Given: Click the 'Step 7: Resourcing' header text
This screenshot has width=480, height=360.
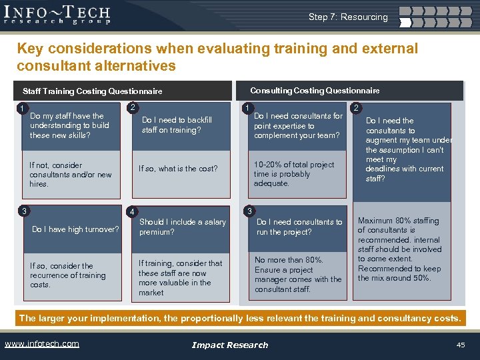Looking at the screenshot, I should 347,17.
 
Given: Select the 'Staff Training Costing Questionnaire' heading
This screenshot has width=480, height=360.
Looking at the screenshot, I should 93,91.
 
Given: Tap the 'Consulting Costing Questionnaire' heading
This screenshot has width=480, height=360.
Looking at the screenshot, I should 315,91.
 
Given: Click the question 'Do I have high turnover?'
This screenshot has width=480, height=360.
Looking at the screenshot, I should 75,230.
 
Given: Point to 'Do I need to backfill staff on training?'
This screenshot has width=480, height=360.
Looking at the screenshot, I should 177,125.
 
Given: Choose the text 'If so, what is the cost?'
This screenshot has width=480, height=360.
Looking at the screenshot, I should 178,169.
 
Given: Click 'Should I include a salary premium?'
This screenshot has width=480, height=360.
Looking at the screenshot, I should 182,227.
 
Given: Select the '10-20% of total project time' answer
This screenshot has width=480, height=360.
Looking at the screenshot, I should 294,174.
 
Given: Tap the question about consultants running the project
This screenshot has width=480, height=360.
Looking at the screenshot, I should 299,227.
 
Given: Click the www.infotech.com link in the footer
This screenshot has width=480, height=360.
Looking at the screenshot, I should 42,344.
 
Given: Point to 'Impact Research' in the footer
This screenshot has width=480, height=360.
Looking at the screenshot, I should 229,345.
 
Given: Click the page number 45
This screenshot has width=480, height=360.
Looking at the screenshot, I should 460,344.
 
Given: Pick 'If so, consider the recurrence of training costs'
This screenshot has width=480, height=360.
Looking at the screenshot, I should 67,275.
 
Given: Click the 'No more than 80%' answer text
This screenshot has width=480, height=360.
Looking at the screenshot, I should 297,275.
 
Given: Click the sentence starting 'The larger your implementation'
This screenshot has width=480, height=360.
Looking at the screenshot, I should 239,318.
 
